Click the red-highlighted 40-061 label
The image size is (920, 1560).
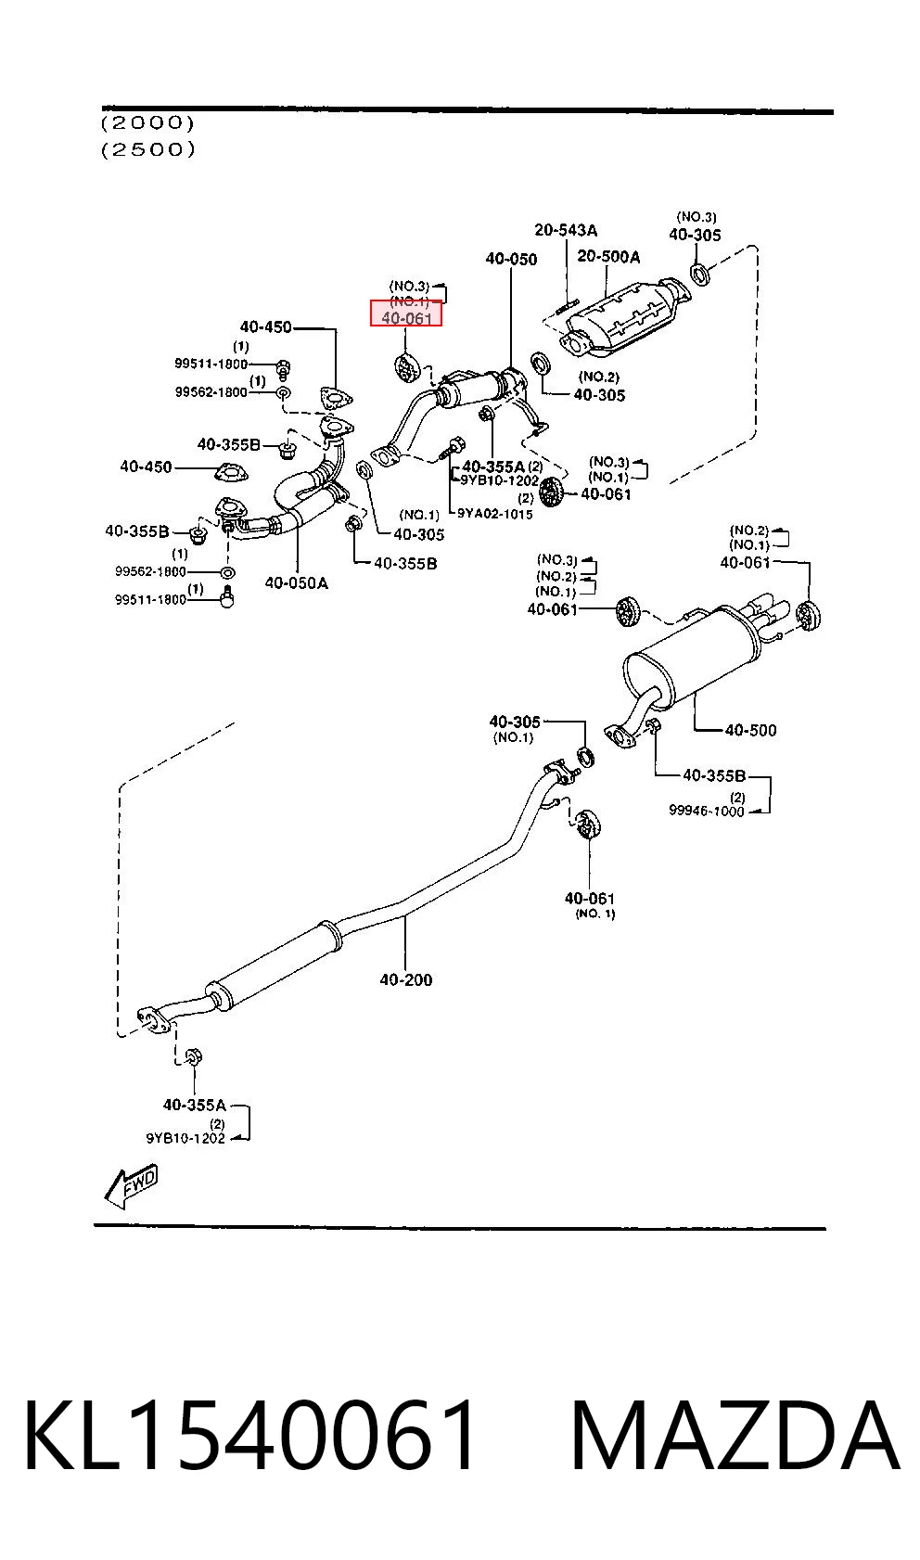click(x=406, y=317)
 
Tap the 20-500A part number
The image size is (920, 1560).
click(x=608, y=257)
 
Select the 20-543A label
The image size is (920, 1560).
click(x=566, y=230)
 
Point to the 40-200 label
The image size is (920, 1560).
click(x=406, y=979)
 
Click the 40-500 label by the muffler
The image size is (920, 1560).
click(x=750, y=730)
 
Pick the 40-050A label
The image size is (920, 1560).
click(x=296, y=582)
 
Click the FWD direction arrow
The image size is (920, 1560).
click(x=132, y=1185)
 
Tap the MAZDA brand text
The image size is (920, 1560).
click(x=735, y=1436)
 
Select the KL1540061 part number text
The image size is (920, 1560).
click(x=250, y=1436)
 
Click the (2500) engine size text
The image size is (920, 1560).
click(x=147, y=149)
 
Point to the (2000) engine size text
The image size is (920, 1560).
click(x=147, y=123)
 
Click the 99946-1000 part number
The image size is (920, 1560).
click(x=706, y=811)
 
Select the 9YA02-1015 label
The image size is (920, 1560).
click(x=494, y=514)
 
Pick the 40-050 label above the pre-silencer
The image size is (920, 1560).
click(x=511, y=259)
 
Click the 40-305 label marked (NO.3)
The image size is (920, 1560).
click(x=695, y=235)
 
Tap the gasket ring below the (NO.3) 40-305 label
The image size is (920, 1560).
click(x=700, y=274)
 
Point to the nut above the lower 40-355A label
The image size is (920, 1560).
click(x=194, y=1055)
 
